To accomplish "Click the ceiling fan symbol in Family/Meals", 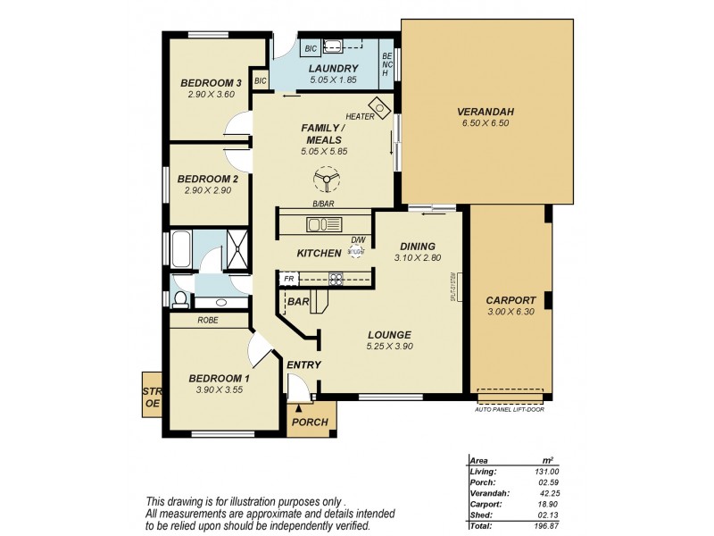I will [327, 183].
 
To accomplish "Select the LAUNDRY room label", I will [333, 69].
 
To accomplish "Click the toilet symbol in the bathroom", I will [179, 297].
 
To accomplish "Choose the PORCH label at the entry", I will [311, 423].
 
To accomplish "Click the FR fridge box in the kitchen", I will [288, 279].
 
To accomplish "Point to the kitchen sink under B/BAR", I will [319, 223].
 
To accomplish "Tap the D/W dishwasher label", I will [358, 239].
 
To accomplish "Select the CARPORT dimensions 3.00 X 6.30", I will [511, 312].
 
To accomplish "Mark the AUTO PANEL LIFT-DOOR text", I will [511, 408].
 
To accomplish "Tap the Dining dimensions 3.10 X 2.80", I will [417, 258].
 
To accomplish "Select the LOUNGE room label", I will [389, 333].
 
